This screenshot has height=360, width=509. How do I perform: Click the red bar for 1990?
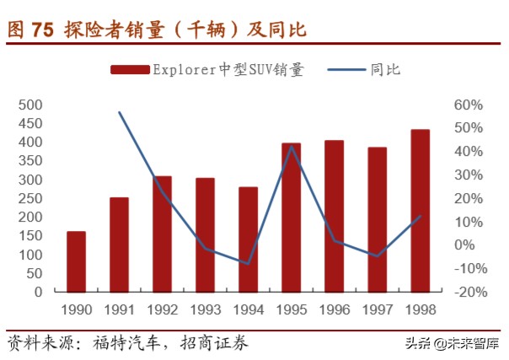(x=76, y=261)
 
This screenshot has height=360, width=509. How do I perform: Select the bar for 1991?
(x=119, y=244)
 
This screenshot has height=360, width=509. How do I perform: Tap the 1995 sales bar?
(x=291, y=218)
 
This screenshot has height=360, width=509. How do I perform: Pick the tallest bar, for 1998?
(x=420, y=211)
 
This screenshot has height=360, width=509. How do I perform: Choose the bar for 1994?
(x=248, y=239)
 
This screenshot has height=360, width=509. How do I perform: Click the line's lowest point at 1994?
(x=248, y=264)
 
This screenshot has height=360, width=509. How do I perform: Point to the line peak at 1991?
(x=119, y=112)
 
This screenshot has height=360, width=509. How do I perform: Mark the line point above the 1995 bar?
(x=291, y=147)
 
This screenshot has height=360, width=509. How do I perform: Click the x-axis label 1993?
(x=205, y=309)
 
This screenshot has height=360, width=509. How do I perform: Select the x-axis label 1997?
(x=377, y=309)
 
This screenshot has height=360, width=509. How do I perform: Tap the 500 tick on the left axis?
(x=30, y=105)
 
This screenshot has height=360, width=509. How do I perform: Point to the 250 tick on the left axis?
(x=30, y=199)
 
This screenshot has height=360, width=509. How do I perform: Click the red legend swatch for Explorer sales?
(x=129, y=70)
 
